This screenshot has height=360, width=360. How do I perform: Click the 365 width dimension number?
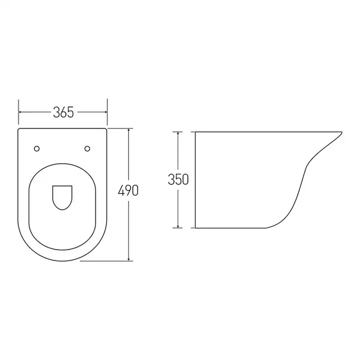point(64,112)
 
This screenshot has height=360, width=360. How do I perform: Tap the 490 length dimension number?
point(128,191)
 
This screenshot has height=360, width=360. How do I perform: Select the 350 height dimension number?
point(178,179)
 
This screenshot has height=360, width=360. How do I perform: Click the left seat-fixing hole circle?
point(37,149)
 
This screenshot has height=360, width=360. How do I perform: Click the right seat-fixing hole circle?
point(87,149)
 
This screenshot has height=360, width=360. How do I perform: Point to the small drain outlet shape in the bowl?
point(62,197)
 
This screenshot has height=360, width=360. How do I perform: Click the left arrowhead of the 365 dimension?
point(20,112)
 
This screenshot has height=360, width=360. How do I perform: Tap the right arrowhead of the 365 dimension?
point(106,112)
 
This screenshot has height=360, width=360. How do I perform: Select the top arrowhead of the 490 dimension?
point(129,130)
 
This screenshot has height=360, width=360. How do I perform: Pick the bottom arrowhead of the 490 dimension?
point(129,259)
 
